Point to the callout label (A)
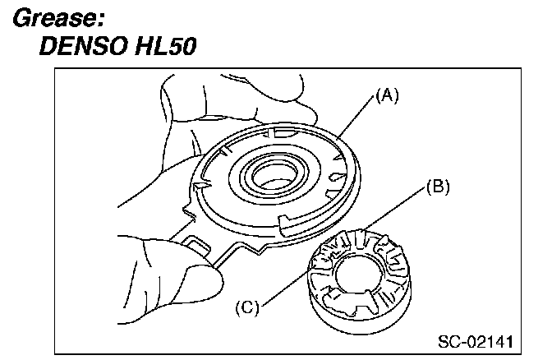[x=387, y=96]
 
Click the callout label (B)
[x=438, y=188]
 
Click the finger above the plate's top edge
[x=271, y=99]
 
